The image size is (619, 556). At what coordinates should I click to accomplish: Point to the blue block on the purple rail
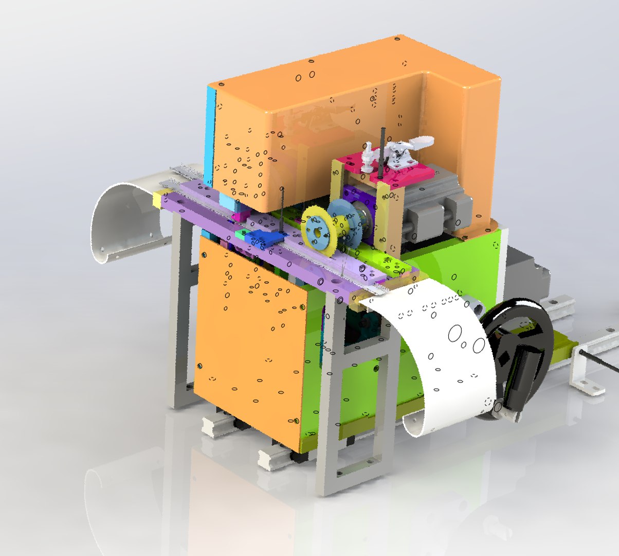click(x=265, y=237)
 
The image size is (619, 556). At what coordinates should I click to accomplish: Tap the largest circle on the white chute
click(x=455, y=334)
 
